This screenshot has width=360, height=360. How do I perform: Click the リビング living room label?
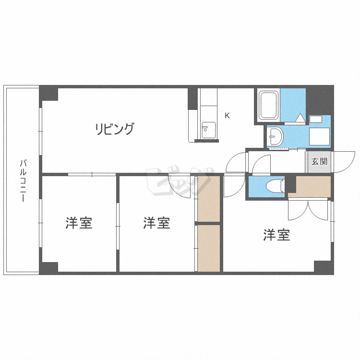coord(115,129)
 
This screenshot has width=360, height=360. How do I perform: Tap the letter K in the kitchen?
coord(227,116)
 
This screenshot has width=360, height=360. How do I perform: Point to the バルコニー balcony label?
coord(23,180)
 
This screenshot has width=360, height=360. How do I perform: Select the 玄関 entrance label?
coord(319,162)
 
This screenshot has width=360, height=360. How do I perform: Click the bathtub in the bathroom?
coord(268,105)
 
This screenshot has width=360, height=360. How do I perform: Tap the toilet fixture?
coord(276,185)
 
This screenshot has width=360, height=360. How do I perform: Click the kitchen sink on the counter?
coord(209,130)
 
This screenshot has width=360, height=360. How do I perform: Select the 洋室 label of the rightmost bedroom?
coord(276,235)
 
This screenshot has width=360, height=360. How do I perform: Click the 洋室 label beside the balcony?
coord(79,223)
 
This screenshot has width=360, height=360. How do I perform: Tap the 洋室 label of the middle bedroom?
coord(156,223)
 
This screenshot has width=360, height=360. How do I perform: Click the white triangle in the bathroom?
coord(300,118)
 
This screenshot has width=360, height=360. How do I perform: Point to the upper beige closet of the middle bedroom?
coord(209,199)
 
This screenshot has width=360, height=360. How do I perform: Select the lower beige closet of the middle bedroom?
coord(209,248)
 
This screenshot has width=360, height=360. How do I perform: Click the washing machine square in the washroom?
coord(319,137)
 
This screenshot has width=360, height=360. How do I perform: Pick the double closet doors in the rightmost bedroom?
coord(308,210)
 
